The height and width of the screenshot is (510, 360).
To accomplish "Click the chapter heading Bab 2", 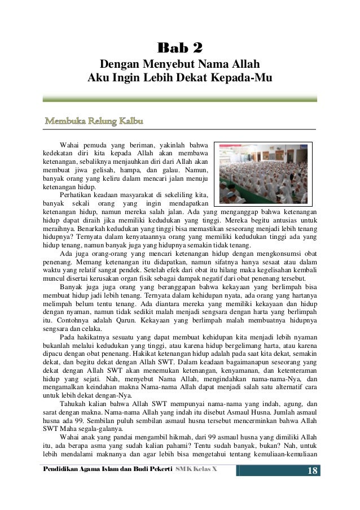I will coord(179,46).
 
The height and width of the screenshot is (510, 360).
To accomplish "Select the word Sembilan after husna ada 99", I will coord(104,421).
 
